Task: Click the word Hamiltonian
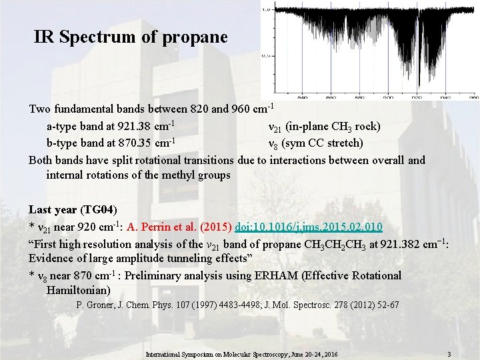click(x=78, y=291)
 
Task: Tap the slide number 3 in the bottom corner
click(x=449, y=353)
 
